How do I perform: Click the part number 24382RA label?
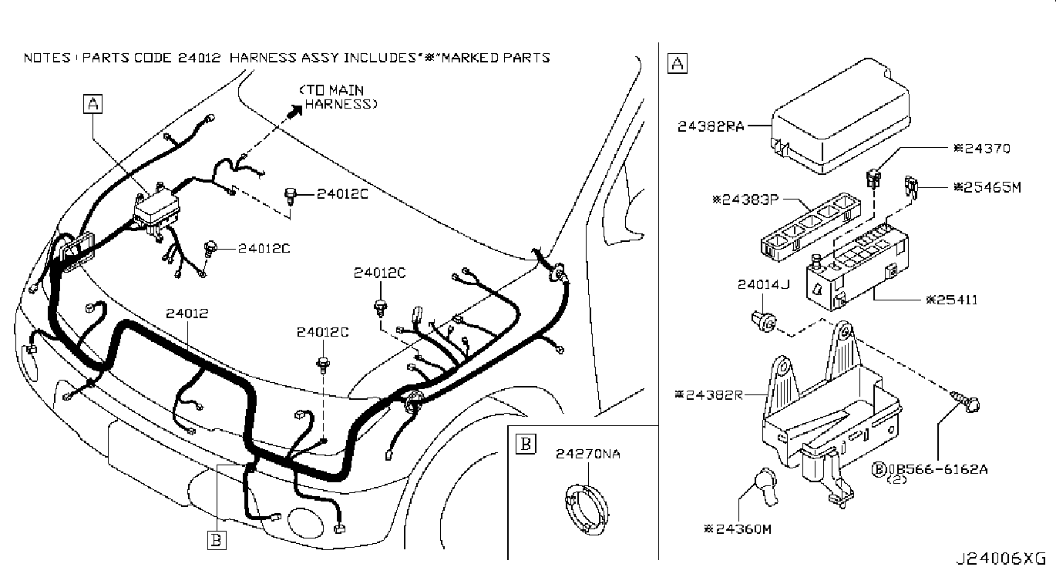711,126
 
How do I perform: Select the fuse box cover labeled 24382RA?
840,116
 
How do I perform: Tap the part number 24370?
981,149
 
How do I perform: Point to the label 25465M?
987,187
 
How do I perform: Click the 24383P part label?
745,200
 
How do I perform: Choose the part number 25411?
951,300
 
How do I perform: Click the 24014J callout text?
763,285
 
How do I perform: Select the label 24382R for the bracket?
708,394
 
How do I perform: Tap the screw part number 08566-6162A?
930,469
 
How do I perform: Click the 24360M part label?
738,529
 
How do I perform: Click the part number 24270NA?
588,454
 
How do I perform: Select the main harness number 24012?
187,314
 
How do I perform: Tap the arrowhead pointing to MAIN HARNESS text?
295,112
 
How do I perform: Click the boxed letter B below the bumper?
217,540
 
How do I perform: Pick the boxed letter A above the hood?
92,104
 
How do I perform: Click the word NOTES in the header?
47,58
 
